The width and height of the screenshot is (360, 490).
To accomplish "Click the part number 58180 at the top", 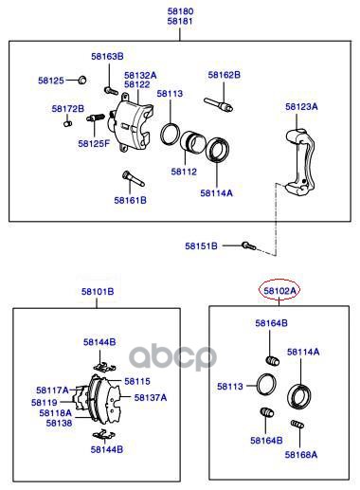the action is pyautogui.click(x=180, y=11).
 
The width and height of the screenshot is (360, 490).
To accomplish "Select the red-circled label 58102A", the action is pyautogui.click(x=279, y=290).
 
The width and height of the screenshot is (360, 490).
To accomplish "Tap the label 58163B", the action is pyautogui.click(x=107, y=57).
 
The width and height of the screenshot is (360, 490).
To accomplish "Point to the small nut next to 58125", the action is pyautogui.click(x=82, y=80).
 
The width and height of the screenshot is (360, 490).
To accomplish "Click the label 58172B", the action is pyautogui.click(x=68, y=109).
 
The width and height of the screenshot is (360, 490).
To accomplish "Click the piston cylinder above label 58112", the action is pyautogui.click(x=192, y=142).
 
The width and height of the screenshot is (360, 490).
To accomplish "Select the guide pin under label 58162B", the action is pyautogui.click(x=219, y=104).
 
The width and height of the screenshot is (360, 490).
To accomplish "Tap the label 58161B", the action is pyautogui.click(x=131, y=200).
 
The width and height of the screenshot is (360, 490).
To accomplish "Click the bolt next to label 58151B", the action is pyautogui.click(x=248, y=245).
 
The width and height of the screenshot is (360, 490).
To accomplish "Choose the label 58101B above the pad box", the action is pyautogui.click(x=98, y=291).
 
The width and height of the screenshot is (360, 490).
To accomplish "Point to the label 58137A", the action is pyautogui.click(x=151, y=397).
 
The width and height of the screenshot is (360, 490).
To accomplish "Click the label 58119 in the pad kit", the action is pyautogui.click(x=45, y=403).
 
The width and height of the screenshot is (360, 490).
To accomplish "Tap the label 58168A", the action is pyautogui.click(x=301, y=455).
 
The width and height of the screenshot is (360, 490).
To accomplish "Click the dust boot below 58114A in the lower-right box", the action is pyautogui.click(x=299, y=397).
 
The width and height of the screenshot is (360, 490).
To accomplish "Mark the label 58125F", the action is pyautogui.click(x=94, y=144).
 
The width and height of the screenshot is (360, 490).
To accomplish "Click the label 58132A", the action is pyautogui.click(x=140, y=76).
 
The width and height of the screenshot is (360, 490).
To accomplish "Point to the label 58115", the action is pyautogui.click(x=137, y=381).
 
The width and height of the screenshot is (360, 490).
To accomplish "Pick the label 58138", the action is pyautogui.click(x=59, y=423).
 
